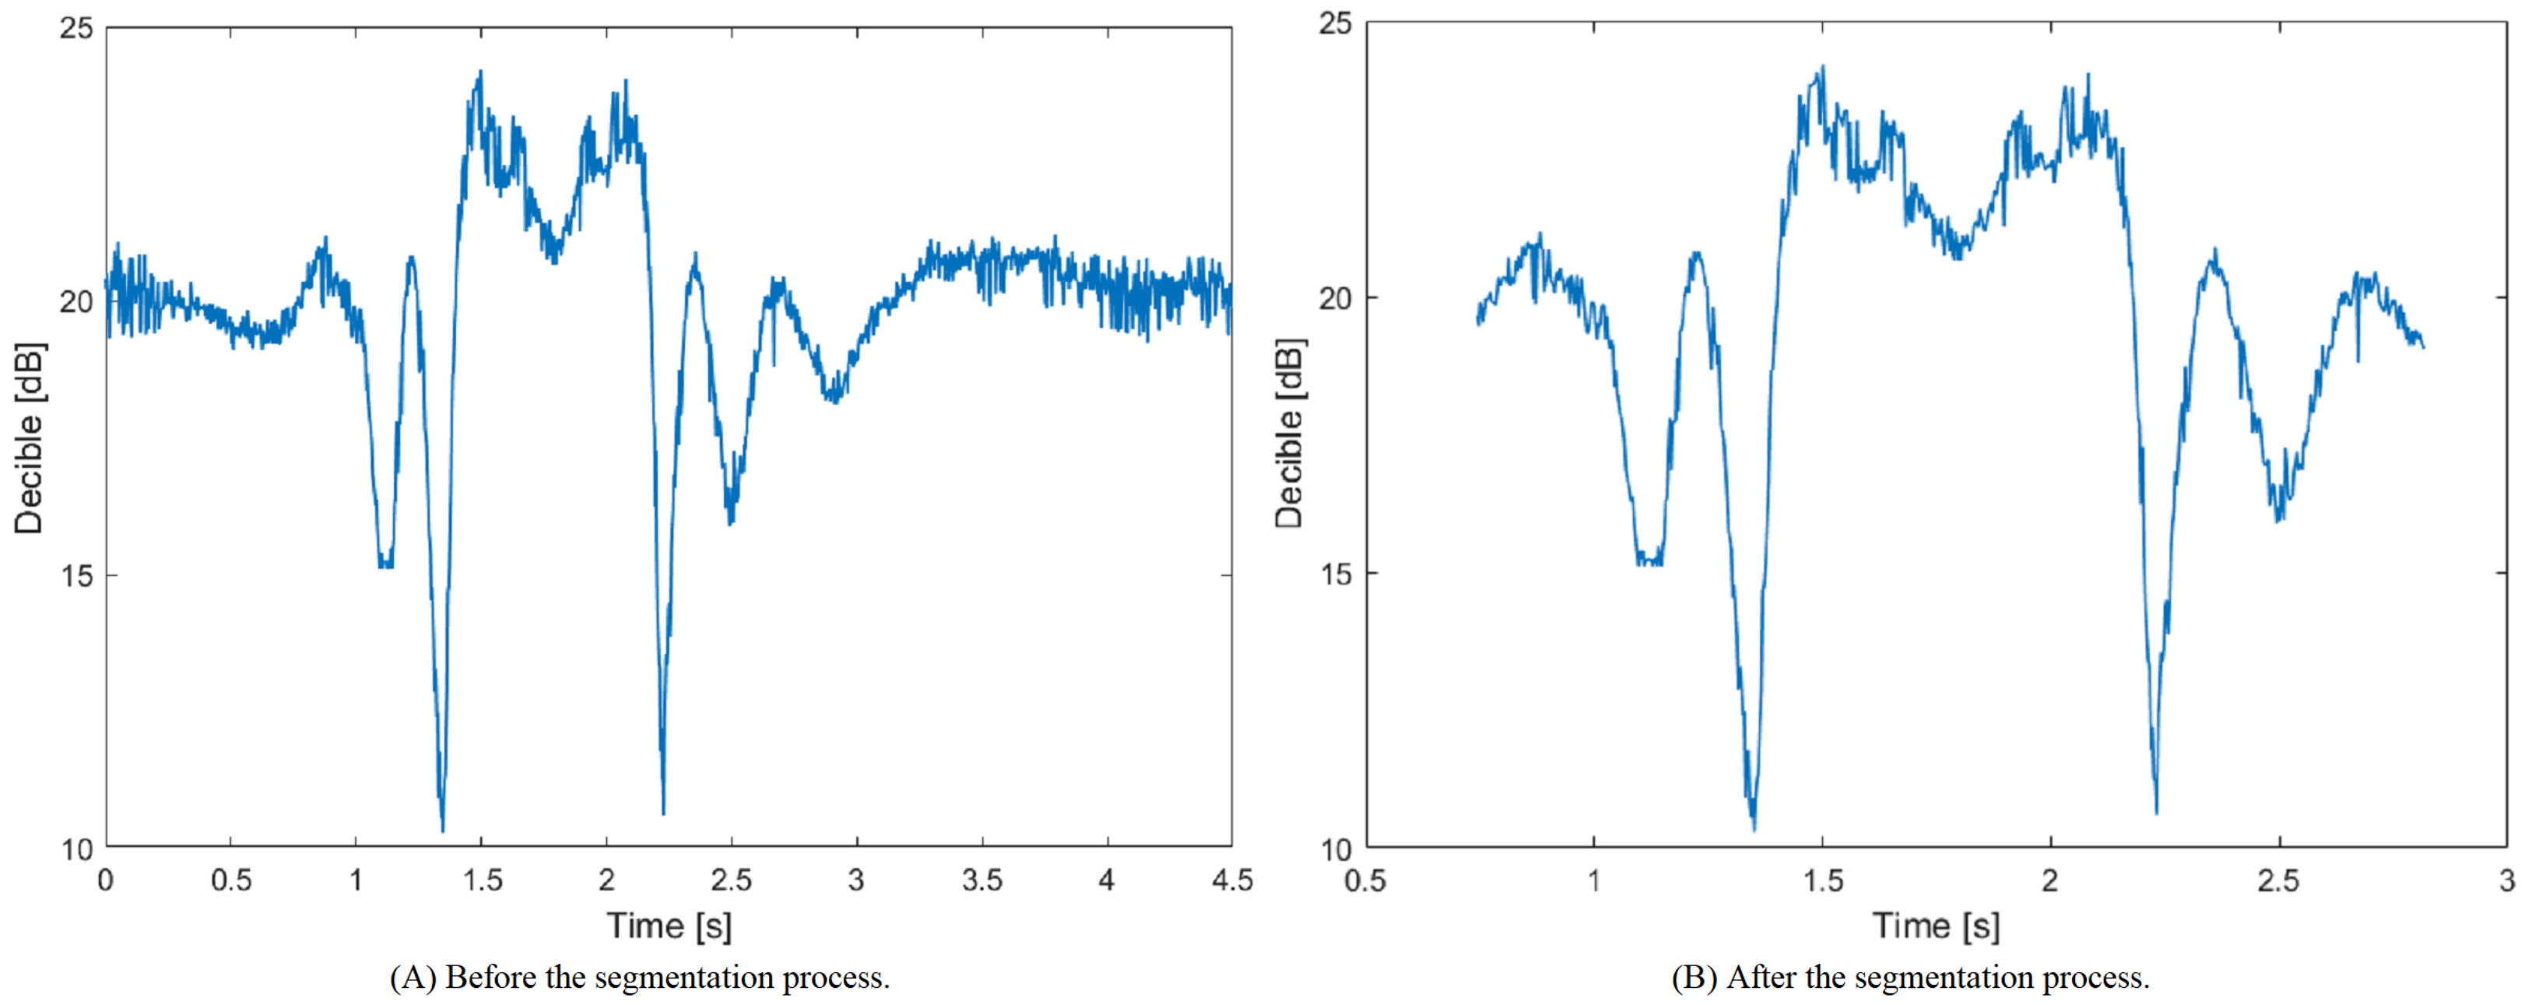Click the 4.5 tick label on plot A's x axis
click(x=1231, y=880)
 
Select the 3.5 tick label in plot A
click(x=982, y=880)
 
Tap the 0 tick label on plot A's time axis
click(x=106, y=880)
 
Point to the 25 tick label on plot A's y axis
click(x=76, y=29)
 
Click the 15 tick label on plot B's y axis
click(x=1335, y=574)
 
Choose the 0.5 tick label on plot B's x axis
click(x=1365, y=880)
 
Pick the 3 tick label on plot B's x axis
click(x=2506, y=880)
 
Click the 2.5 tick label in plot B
click(x=2278, y=880)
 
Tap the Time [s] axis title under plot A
click(x=669, y=926)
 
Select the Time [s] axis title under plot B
click(x=1935, y=926)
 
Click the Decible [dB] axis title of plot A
click(x=30, y=437)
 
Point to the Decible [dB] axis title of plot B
click(x=1290, y=434)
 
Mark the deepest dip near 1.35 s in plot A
click(x=443, y=830)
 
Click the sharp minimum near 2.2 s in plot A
click(x=664, y=812)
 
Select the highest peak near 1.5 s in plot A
click(x=480, y=72)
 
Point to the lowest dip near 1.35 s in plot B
click(x=1754, y=828)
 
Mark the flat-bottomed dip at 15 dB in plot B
click(x=1649, y=562)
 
